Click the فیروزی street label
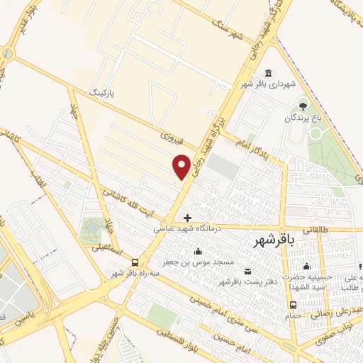tap(172, 134)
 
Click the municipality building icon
tap(267, 73)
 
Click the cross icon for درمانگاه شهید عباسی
tap(187, 217)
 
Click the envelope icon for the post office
tap(247, 272)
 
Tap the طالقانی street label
tap(313, 229)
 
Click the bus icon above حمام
tap(292, 306)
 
